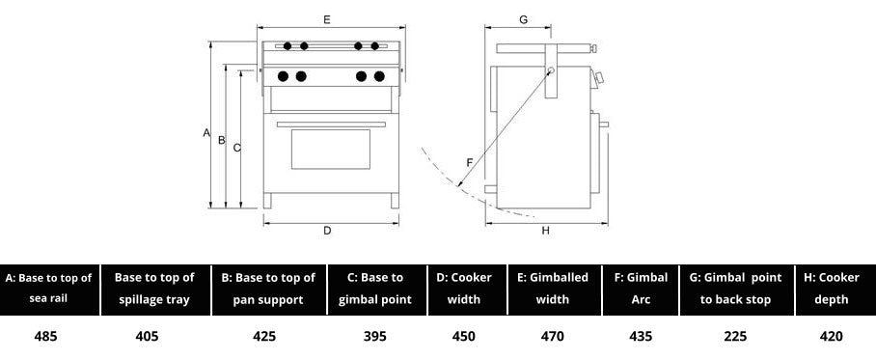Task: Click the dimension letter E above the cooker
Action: pyautogui.click(x=327, y=19)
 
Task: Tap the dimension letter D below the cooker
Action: pyautogui.click(x=327, y=231)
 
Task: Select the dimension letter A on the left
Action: pyautogui.click(x=206, y=132)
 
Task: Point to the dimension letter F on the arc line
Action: pyautogui.click(x=470, y=162)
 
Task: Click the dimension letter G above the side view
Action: pyautogui.click(x=524, y=19)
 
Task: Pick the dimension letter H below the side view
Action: pyautogui.click(x=546, y=231)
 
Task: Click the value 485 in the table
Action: pyautogui.click(x=45, y=336)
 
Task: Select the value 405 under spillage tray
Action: pyautogui.click(x=147, y=336)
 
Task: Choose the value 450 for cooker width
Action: pyautogui.click(x=464, y=336)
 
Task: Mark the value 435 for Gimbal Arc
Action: pyautogui.click(x=641, y=336)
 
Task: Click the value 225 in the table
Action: pyautogui.click(x=736, y=336)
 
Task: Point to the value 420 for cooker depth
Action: pyautogui.click(x=831, y=336)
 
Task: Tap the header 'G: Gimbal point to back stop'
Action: pyautogui.click(x=736, y=289)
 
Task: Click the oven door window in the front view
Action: pyautogui.click(x=331, y=150)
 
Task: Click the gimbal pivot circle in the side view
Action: pyautogui.click(x=551, y=70)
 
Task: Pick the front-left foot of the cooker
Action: pyautogui.click(x=267, y=201)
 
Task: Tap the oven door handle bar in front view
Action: pyautogui.click(x=331, y=125)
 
